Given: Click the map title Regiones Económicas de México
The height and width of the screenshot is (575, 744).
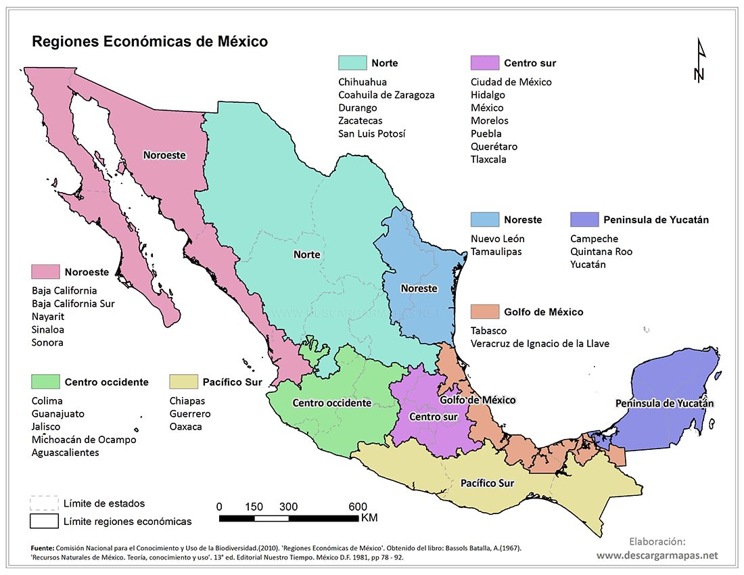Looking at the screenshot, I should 150,42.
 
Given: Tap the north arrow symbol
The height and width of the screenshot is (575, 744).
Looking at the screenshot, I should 700,61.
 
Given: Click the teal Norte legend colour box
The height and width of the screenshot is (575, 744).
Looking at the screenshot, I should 352,63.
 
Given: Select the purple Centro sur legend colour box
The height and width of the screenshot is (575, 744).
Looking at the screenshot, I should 484,63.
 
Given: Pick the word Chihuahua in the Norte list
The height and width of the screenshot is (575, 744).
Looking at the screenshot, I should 363,82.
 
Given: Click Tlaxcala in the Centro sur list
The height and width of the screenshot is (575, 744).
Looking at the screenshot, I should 488,160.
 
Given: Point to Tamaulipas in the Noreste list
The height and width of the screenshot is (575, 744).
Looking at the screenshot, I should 496,252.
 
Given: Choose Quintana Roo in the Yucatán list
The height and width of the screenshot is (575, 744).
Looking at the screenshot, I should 601,252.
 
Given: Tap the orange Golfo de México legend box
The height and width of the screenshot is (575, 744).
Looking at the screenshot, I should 484,312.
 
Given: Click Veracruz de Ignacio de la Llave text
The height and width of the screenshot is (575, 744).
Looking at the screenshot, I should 540,344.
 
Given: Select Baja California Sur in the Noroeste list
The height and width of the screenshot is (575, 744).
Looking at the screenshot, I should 73,304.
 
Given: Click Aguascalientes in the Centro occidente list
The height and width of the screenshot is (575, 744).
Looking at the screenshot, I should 66,453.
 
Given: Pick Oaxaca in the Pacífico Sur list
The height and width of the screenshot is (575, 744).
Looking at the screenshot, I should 185,427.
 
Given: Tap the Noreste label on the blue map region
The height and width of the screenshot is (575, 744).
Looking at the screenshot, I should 419,288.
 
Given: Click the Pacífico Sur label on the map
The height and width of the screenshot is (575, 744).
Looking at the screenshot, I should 487,484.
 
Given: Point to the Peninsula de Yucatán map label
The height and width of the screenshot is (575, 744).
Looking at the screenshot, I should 664,403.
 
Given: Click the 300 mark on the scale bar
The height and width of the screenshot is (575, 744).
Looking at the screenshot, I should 288,507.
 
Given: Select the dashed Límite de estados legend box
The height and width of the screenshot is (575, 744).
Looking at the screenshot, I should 44,503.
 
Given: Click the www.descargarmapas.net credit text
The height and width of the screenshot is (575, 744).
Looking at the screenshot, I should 657,555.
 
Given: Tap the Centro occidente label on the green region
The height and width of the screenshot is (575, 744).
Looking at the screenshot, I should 331,403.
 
